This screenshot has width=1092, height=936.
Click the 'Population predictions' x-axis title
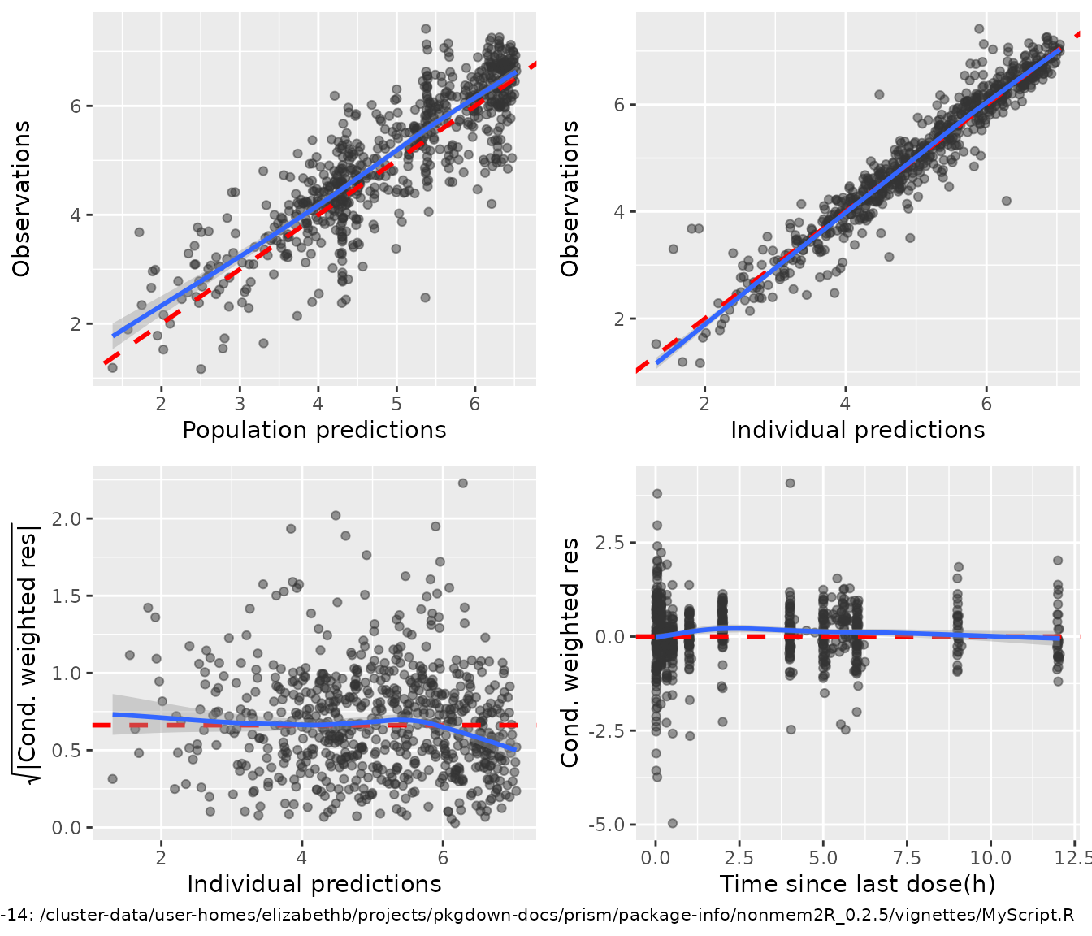click(314, 430)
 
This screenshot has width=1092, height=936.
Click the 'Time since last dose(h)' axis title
click(857, 884)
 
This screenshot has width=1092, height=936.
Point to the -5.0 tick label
click(607, 825)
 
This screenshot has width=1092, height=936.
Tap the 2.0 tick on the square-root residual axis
click(67, 518)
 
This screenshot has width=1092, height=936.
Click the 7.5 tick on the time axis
click(907, 858)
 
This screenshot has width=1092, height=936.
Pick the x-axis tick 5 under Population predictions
click(396, 404)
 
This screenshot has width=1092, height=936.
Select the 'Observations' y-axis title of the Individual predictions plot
click(570, 199)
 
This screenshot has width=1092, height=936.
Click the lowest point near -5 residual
click(673, 823)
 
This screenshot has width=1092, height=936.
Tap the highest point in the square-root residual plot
click(463, 483)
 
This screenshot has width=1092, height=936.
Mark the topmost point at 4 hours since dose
click(790, 483)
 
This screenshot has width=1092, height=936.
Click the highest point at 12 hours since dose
click(1058, 561)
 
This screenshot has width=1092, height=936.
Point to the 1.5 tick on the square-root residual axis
click(67, 596)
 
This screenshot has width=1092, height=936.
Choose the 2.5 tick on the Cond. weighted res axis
click(610, 543)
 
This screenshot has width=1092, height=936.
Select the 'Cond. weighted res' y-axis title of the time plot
click(570, 652)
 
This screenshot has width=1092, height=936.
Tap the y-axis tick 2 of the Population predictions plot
click(76, 324)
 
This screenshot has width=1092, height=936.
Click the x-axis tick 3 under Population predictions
click(240, 404)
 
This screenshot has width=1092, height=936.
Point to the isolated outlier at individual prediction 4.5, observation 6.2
click(879, 94)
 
